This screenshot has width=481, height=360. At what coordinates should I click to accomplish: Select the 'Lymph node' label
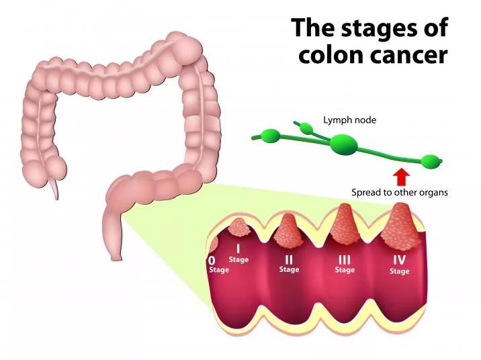pos(350,120)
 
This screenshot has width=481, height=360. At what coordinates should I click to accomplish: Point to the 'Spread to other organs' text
pos(400,193)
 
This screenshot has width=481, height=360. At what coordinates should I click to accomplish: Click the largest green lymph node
pos(344,144)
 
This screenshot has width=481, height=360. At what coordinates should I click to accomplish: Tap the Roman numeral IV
pos(400,259)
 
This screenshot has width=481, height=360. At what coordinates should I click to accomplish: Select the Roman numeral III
pos(345,260)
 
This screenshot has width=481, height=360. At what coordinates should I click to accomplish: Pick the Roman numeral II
pos(289,260)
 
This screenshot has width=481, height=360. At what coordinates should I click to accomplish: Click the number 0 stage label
pos(212,261)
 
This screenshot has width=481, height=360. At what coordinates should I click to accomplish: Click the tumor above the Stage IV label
pos(400,226)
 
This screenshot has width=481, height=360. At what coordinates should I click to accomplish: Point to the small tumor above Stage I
pos(238,227)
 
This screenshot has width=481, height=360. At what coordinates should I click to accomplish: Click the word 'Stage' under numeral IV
pos(400,271)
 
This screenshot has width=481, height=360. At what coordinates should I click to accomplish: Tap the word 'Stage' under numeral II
pos(289,269)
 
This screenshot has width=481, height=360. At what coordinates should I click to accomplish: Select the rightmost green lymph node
pos(431,162)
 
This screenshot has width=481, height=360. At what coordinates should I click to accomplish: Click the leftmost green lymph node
pos(270,135)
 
